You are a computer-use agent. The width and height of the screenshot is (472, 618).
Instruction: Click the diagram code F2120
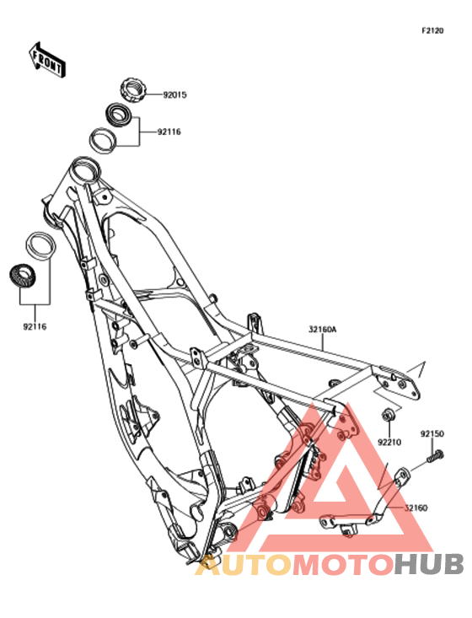[432, 30]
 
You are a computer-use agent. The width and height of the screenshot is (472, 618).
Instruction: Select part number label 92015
[175, 95]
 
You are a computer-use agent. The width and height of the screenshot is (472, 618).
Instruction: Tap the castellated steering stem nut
[133, 90]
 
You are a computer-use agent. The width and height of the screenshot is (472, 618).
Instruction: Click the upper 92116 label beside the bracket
[169, 132]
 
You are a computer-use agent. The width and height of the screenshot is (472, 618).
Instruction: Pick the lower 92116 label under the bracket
[35, 327]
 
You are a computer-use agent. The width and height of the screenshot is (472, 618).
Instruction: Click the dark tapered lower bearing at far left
[23, 277]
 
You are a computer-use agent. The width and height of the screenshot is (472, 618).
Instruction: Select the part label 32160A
[323, 329]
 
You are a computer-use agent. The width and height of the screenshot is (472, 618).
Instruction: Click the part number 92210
[389, 443]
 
